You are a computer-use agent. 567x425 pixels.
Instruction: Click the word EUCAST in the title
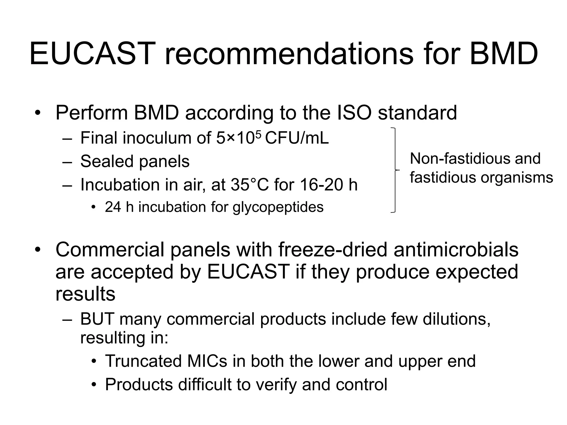pos(91,54)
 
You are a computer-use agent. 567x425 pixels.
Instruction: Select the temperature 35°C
pos(250,185)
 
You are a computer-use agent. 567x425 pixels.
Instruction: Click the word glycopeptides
pos(278,207)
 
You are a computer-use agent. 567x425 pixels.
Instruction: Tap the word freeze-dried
pos(332,250)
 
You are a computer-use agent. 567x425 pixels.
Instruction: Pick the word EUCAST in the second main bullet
pos(248,272)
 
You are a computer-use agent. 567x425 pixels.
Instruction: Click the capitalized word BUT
pos(97,319)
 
